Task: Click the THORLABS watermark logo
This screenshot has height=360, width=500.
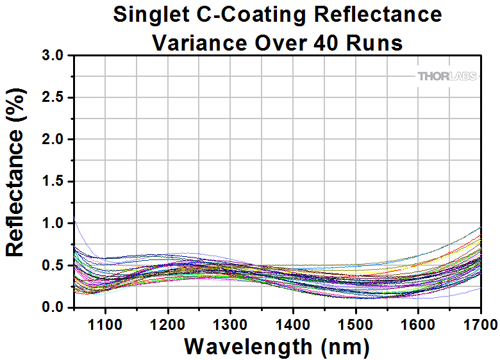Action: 447,76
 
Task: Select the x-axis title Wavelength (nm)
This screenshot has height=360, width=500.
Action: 277,347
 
